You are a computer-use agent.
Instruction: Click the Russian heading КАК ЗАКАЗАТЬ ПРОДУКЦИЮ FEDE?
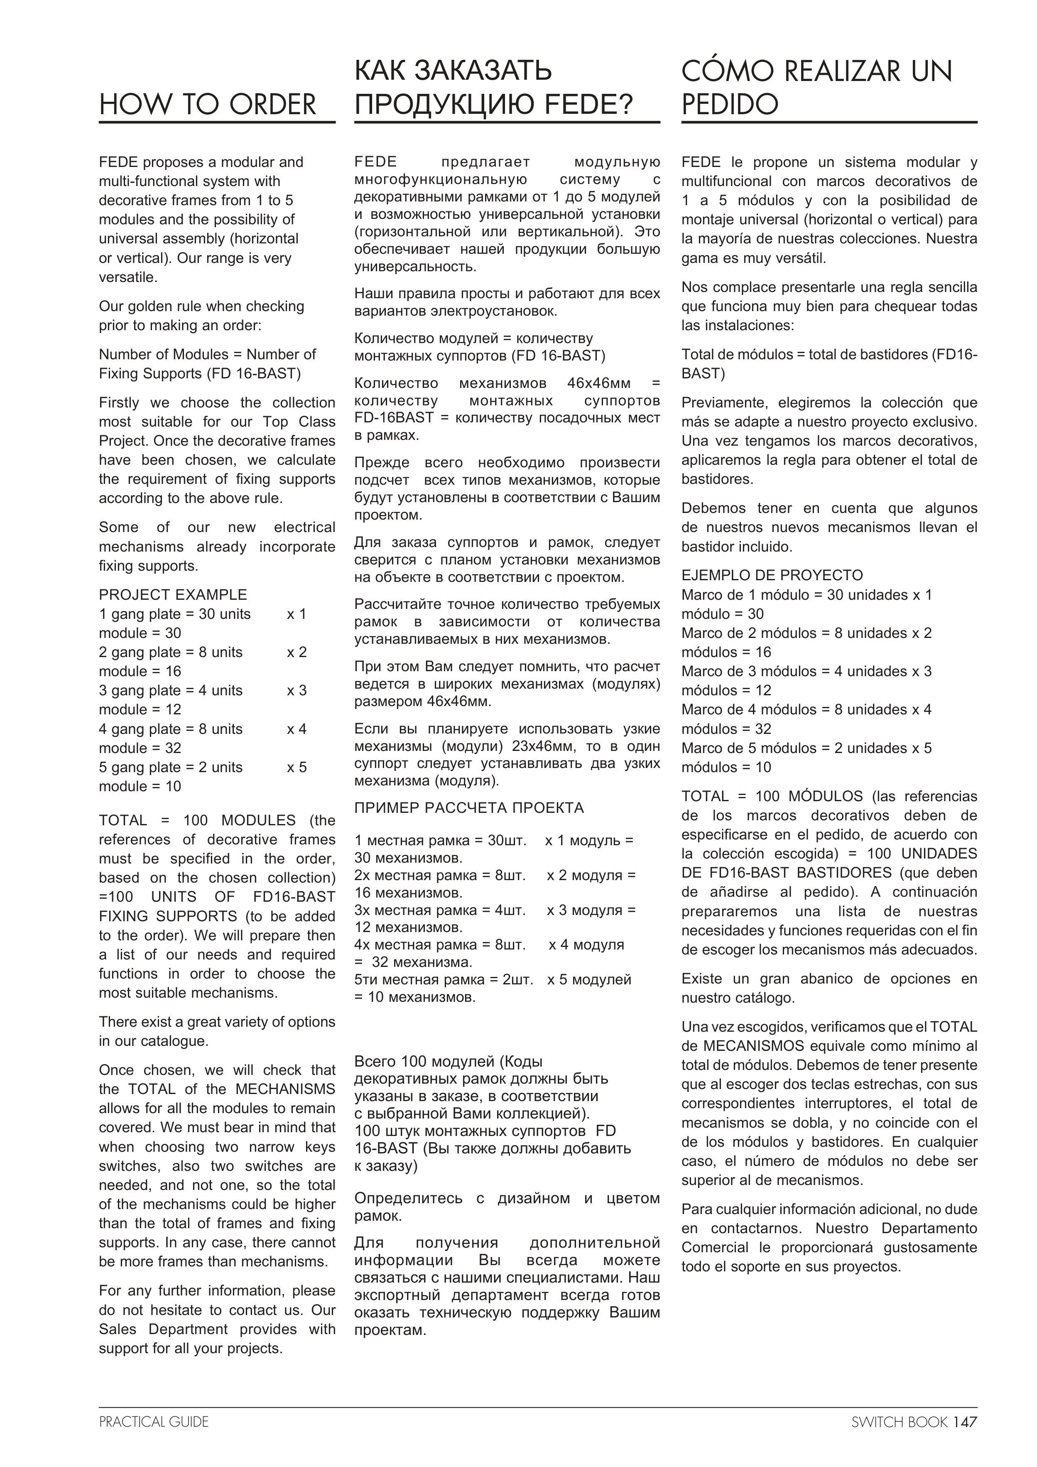[494, 88]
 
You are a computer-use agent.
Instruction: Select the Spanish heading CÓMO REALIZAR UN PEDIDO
[816, 88]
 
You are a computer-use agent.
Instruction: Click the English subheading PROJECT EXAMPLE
[172, 595]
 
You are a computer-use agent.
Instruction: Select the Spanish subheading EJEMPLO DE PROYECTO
[772, 575]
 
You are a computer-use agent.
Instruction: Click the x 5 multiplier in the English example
[297, 768]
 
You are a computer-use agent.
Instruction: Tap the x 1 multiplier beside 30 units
[297, 614]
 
